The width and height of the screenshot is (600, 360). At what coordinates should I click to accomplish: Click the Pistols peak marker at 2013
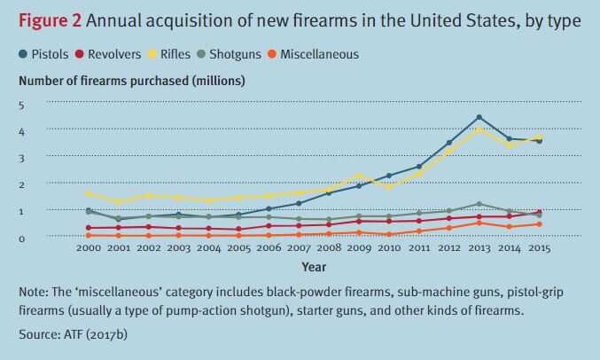[x=479, y=117]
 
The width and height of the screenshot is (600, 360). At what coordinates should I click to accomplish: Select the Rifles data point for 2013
[x=479, y=129]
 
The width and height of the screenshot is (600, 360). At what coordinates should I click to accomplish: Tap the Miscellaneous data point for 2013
[x=479, y=223]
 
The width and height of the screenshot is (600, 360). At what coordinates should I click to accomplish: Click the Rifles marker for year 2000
[x=89, y=193]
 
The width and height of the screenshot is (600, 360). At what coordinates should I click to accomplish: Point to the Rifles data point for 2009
[x=358, y=176]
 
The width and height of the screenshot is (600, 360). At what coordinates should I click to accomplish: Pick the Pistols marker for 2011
[x=418, y=167]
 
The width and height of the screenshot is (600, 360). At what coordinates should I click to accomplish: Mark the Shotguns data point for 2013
[x=479, y=204]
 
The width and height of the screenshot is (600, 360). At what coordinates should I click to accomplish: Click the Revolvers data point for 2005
[x=238, y=229]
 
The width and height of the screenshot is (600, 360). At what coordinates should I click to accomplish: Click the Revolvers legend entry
[x=111, y=54]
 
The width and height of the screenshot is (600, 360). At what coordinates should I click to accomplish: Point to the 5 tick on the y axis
[x=22, y=105]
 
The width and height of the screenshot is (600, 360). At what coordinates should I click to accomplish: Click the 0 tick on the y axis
[x=22, y=237]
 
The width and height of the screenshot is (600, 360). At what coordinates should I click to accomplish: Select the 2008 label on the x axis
[x=329, y=248]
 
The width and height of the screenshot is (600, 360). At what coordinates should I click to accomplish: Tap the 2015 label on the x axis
[x=538, y=248]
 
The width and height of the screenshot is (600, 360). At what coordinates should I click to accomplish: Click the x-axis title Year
[x=313, y=266]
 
